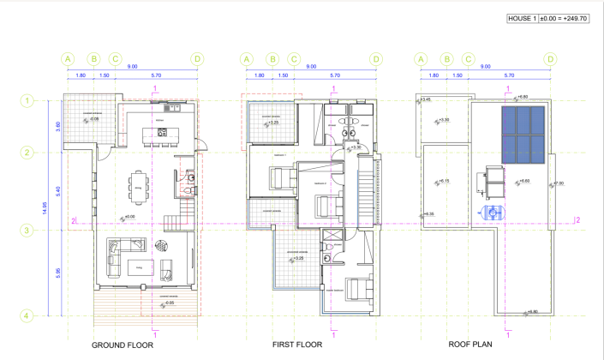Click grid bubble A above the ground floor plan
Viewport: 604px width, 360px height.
(68, 59)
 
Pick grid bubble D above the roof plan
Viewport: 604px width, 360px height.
(550, 59)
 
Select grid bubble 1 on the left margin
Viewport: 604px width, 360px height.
(27, 101)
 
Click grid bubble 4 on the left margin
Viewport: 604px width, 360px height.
(27, 315)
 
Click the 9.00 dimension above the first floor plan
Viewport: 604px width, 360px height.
(311, 67)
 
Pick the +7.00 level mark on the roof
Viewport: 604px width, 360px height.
(559, 183)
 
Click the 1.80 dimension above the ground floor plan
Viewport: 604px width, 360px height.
(81, 75)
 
